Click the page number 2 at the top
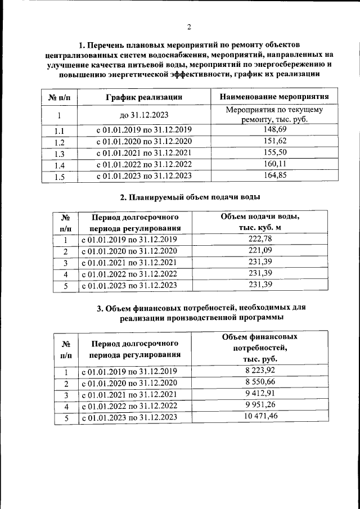189,27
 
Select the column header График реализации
144,97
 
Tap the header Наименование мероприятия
274,97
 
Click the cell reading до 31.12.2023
144,115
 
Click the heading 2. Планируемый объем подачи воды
190,197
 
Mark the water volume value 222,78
260,240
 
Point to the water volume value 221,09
260,251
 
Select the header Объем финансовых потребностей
260,347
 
